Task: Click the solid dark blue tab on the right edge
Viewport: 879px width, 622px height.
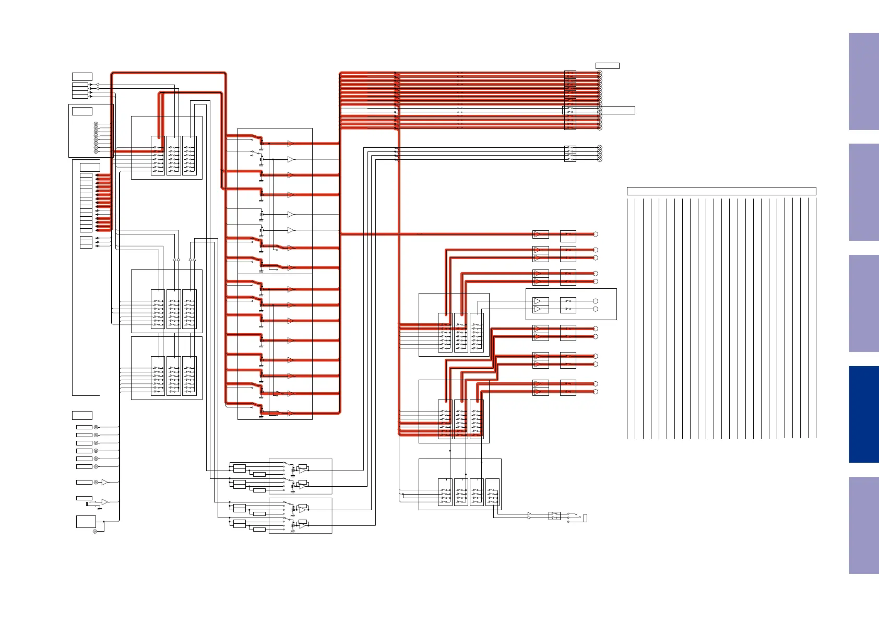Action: [863, 414]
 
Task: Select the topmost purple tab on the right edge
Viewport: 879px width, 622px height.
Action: [863, 81]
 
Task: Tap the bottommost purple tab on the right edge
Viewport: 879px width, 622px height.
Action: [863, 525]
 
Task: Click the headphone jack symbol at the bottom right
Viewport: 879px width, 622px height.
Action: [585, 518]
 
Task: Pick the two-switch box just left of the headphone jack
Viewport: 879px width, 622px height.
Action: [554, 516]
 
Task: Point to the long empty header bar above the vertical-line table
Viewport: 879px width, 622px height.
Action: [721, 191]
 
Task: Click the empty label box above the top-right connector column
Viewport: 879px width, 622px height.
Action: [607, 66]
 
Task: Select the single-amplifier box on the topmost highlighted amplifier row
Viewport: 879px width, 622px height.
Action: [540, 234]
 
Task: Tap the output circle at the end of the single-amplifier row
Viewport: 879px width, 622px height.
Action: [595, 234]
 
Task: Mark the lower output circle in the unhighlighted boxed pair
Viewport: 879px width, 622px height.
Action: [595, 309]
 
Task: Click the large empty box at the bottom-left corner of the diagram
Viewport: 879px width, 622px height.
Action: [86, 521]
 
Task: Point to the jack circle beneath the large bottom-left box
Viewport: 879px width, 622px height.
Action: [95, 532]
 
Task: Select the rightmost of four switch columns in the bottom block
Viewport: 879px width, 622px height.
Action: [492, 492]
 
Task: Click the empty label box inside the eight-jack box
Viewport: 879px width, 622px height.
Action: [82, 111]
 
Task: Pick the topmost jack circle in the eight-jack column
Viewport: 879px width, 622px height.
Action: [96, 124]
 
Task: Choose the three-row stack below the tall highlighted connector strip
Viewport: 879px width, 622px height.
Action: [86, 242]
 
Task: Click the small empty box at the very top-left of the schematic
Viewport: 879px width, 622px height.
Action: [82, 77]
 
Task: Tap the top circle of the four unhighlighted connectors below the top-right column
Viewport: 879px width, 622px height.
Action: [599, 148]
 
